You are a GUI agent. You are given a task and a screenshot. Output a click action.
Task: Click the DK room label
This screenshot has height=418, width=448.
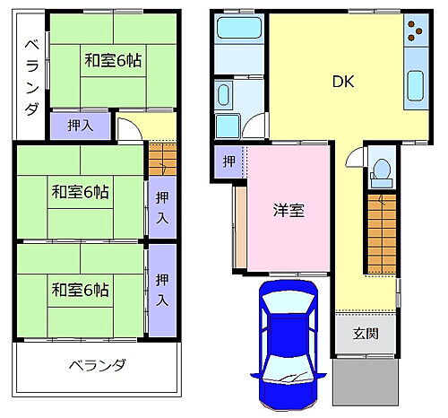(343, 82)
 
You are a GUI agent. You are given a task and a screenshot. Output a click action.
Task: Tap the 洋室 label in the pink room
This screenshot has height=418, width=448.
(289, 211)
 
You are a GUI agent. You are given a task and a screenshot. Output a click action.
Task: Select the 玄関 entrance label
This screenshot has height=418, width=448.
(365, 334)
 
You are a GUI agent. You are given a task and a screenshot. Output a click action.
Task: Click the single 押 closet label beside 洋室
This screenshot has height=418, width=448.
(229, 161)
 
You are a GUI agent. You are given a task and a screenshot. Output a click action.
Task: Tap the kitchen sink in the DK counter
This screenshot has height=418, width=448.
(417, 86)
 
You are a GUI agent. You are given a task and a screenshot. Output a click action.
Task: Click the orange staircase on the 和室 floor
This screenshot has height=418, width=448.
(162, 161)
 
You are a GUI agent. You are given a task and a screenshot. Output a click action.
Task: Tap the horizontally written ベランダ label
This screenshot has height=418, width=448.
(97, 366)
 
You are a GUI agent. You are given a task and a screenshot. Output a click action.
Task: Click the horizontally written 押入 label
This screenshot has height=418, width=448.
(80, 126)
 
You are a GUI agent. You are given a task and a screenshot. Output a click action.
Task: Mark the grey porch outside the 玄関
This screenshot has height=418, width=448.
(364, 381)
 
